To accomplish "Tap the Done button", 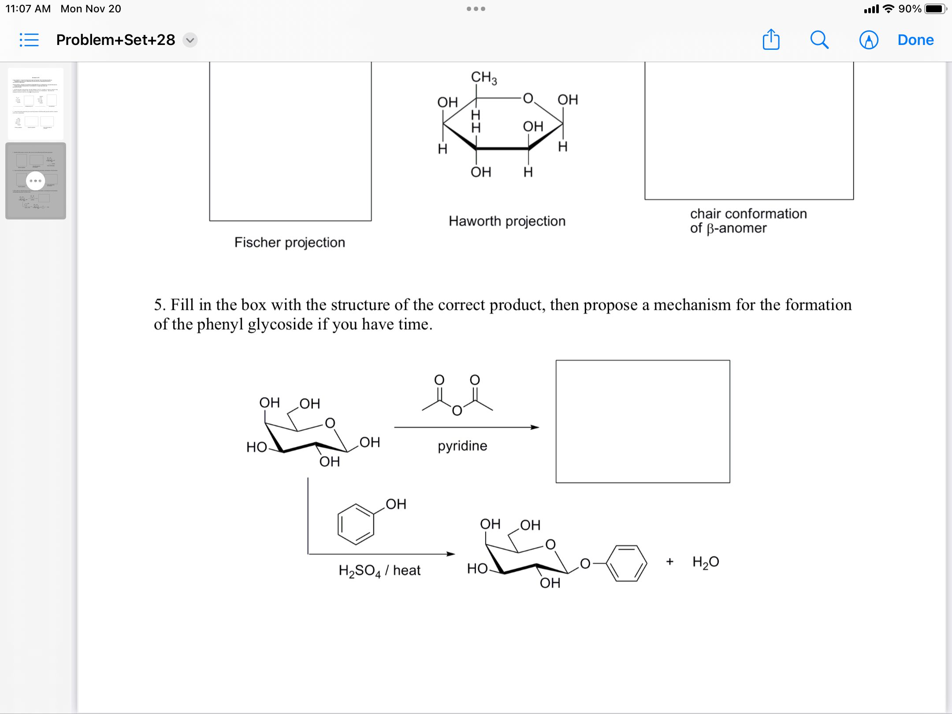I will point(915,40).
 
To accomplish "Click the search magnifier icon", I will point(819,40).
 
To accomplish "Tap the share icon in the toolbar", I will point(771,40).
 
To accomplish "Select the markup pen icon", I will point(869,40).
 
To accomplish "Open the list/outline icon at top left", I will point(29,40).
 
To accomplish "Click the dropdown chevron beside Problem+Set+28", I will point(190,40).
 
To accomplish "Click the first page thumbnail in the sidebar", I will point(36,104).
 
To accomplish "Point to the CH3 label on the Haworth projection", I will point(483,77).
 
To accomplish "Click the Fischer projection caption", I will point(290,242).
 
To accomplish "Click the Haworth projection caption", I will point(507,221).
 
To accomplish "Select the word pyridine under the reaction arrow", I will point(462,446).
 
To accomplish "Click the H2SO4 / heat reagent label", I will point(379,570).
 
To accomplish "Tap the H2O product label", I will point(706,562).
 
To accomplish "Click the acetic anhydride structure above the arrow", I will point(457,395).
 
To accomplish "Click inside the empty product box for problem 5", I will point(643,421).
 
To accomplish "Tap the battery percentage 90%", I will point(910,9).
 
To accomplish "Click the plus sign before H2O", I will point(670,562).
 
